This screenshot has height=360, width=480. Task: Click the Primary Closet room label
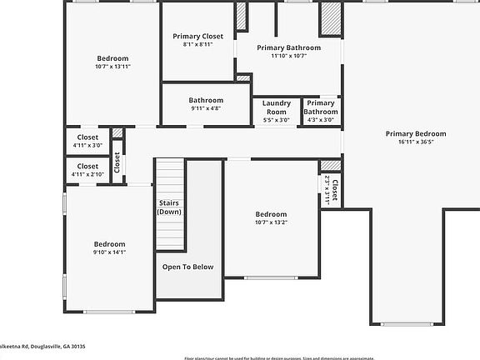[197, 37]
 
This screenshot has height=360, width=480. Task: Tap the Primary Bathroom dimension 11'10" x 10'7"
[289, 57]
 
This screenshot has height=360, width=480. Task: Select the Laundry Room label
[276, 107]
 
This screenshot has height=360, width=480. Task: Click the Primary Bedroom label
[415, 133]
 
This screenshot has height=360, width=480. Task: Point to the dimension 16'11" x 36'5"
[415, 142]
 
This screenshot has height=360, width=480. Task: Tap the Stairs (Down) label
[169, 207]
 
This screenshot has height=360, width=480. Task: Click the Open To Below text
[187, 267]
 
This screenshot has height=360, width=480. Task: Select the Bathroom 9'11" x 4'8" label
[205, 103]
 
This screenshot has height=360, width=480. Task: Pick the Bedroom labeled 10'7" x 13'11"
[112, 62]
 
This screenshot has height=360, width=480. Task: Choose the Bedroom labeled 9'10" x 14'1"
[109, 248]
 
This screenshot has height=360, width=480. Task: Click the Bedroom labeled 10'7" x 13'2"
[271, 218]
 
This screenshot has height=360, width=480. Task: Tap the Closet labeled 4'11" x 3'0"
[87, 141]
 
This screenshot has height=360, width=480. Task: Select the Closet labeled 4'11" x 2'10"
[87, 170]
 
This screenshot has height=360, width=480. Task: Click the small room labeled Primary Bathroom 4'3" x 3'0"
[320, 111]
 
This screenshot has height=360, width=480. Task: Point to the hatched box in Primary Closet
[242, 17]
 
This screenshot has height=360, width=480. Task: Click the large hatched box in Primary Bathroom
[332, 18]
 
